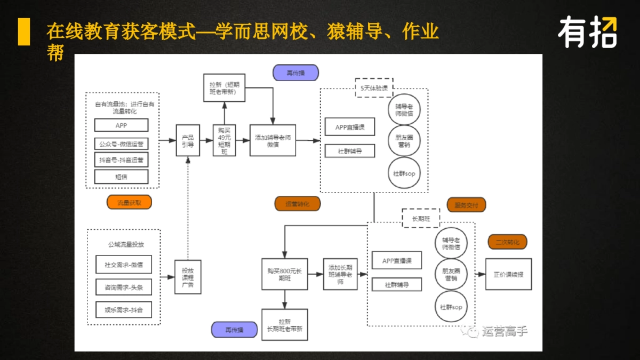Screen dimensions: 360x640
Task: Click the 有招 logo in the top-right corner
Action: [x=587, y=33]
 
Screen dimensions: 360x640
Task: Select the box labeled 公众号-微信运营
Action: [x=121, y=143]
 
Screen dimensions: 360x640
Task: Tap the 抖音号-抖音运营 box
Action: [x=121, y=160]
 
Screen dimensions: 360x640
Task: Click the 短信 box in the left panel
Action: [x=121, y=177]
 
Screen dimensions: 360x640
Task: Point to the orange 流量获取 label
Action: [x=129, y=203]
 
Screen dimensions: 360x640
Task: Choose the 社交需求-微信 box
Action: [x=124, y=265]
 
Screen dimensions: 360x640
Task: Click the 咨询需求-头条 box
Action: [x=124, y=287]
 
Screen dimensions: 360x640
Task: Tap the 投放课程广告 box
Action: [x=188, y=277]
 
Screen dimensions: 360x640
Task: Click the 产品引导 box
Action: [x=188, y=140]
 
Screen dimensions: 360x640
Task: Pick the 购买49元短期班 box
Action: [x=224, y=140]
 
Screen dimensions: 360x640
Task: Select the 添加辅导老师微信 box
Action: [x=273, y=140]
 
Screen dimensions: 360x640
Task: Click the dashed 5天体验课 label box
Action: [x=374, y=87]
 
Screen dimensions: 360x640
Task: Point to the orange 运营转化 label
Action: [x=297, y=204]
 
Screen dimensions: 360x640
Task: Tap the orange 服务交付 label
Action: [x=466, y=205]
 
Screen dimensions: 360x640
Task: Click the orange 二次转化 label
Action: [x=507, y=242]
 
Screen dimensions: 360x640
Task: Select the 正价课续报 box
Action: [x=508, y=274]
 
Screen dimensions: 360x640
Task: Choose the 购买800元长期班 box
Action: [x=284, y=274]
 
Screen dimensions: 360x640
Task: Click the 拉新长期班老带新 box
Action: [x=284, y=325]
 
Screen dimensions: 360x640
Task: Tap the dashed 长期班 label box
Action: [x=421, y=218]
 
